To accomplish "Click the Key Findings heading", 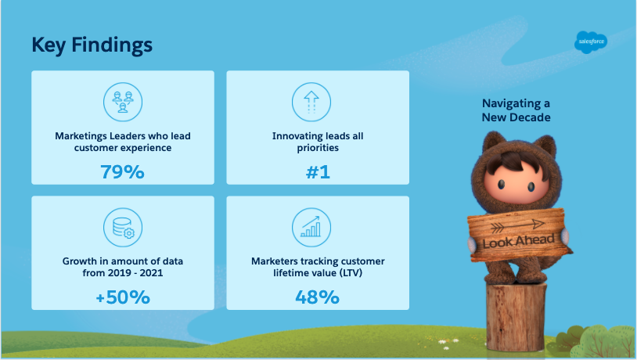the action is [92, 45].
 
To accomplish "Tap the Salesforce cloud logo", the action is [591, 41].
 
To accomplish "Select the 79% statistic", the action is [122, 172].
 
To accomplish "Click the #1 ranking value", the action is [318, 172].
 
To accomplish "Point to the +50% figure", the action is [123, 297].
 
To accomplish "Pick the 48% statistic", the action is [317, 297].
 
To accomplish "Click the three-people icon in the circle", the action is [123, 102].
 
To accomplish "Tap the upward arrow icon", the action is [311, 102].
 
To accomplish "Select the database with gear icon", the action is [123, 228].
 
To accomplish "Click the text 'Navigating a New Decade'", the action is [516, 110].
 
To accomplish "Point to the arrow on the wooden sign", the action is [517, 225].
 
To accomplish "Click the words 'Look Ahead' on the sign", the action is [518, 241].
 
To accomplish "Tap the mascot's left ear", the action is [492, 142].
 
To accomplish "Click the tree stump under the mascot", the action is [516, 316].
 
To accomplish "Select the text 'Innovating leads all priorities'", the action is [318, 142].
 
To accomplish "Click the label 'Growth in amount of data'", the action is [123, 261].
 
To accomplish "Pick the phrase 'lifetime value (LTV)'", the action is [318, 272].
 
